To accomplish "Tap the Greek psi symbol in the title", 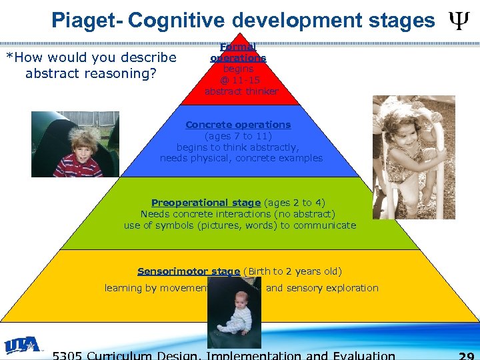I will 457,20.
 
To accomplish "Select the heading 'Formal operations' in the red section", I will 238,53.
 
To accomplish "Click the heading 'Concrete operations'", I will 238,125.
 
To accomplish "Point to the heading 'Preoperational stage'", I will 205,203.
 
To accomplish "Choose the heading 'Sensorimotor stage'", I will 188,271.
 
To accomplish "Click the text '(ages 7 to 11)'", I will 239,136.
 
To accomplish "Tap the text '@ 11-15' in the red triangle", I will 240,79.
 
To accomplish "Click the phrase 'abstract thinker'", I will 241,91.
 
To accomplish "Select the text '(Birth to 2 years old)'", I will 293,271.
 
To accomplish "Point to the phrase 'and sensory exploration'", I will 322,288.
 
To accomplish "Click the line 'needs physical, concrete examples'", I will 241,159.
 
